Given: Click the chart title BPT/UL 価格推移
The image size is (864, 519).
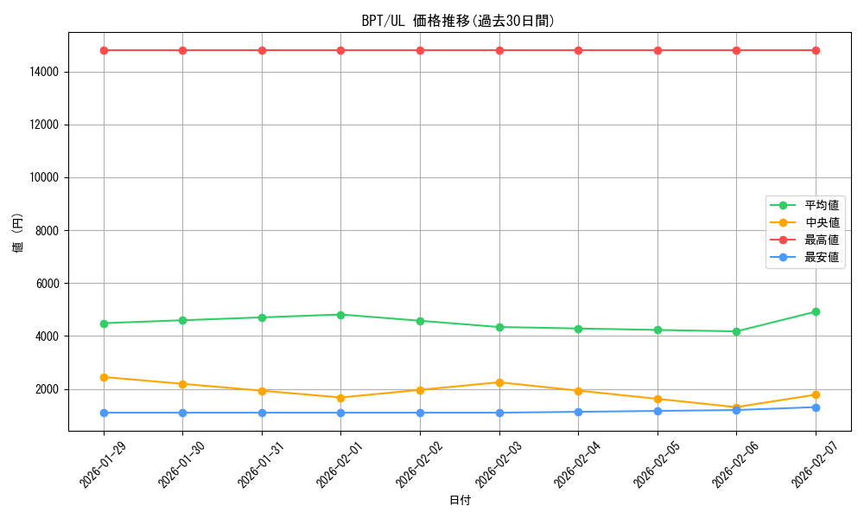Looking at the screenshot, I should click(x=458, y=21).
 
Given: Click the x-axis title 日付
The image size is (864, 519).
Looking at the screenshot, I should click(x=460, y=500).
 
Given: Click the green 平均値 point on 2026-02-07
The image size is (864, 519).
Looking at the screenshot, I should click(x=816, y=311).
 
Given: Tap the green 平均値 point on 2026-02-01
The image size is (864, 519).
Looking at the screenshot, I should click(x=341, y=315).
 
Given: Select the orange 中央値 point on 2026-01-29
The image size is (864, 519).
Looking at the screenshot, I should click(x=104, y=377).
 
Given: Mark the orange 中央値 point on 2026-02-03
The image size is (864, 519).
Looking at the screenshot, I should click(x=499, y=382).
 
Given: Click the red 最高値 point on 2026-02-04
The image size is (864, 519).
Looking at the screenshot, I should click(x=578, y=50).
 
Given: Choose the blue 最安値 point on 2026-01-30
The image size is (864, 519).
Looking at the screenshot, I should click(x=183, y=413).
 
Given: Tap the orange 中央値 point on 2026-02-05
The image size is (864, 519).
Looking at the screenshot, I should click(x=658, y=399).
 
